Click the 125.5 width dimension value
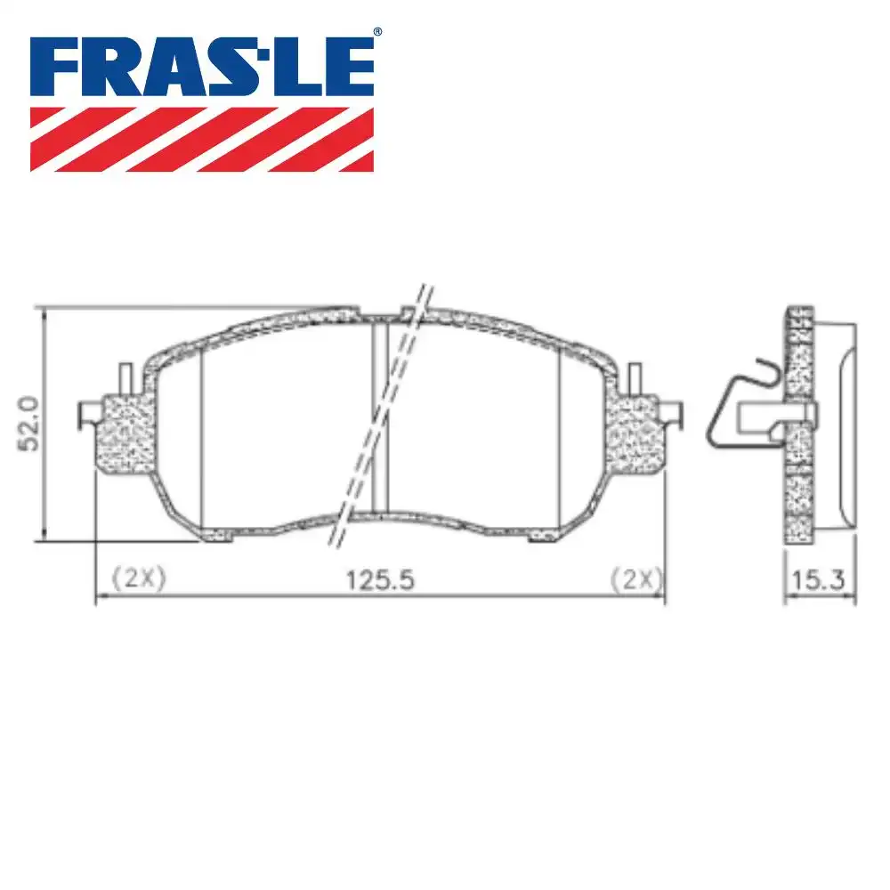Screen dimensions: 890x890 (381, 579)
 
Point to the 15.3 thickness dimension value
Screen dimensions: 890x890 (818, 579)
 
